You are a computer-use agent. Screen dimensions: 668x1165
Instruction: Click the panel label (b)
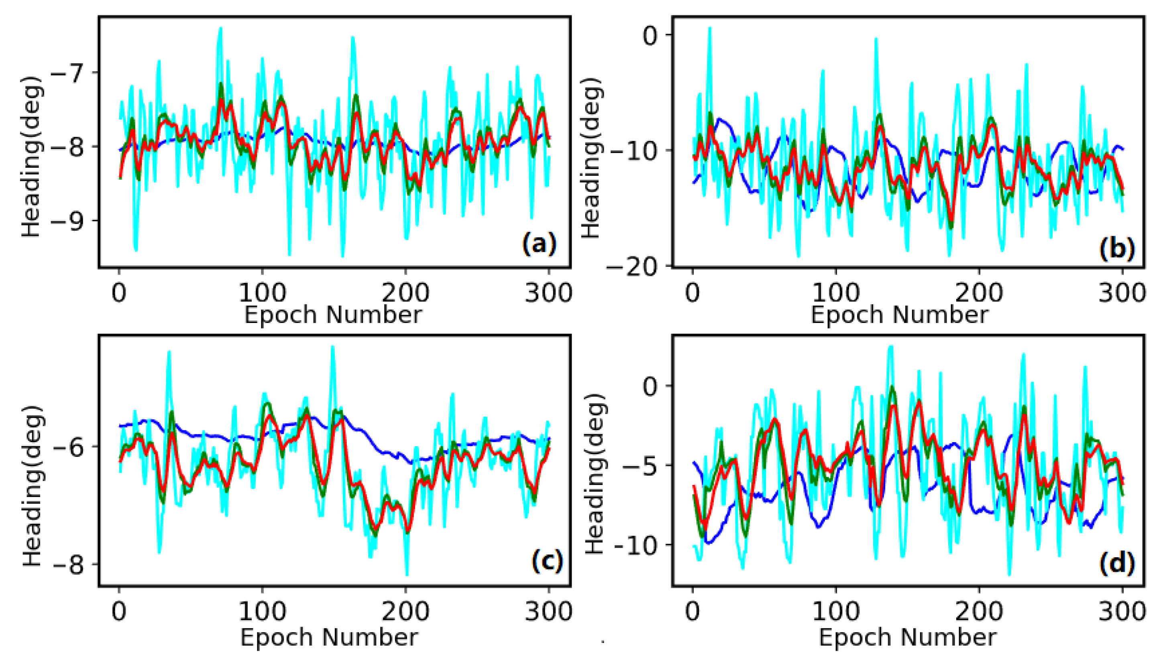pyautogui.click(x=1116, y=249)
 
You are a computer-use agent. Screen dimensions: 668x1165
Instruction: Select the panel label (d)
pyautogui.click(x=1116, y=563)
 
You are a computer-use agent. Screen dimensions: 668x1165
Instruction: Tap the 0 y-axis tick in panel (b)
pyautogui.click(x=651, y=35)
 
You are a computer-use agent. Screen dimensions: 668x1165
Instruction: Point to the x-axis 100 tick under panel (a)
pyautogui.click(x=262, y=292)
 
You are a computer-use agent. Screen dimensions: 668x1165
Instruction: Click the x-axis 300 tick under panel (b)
pyautogui.click(x=1122, y=292)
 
